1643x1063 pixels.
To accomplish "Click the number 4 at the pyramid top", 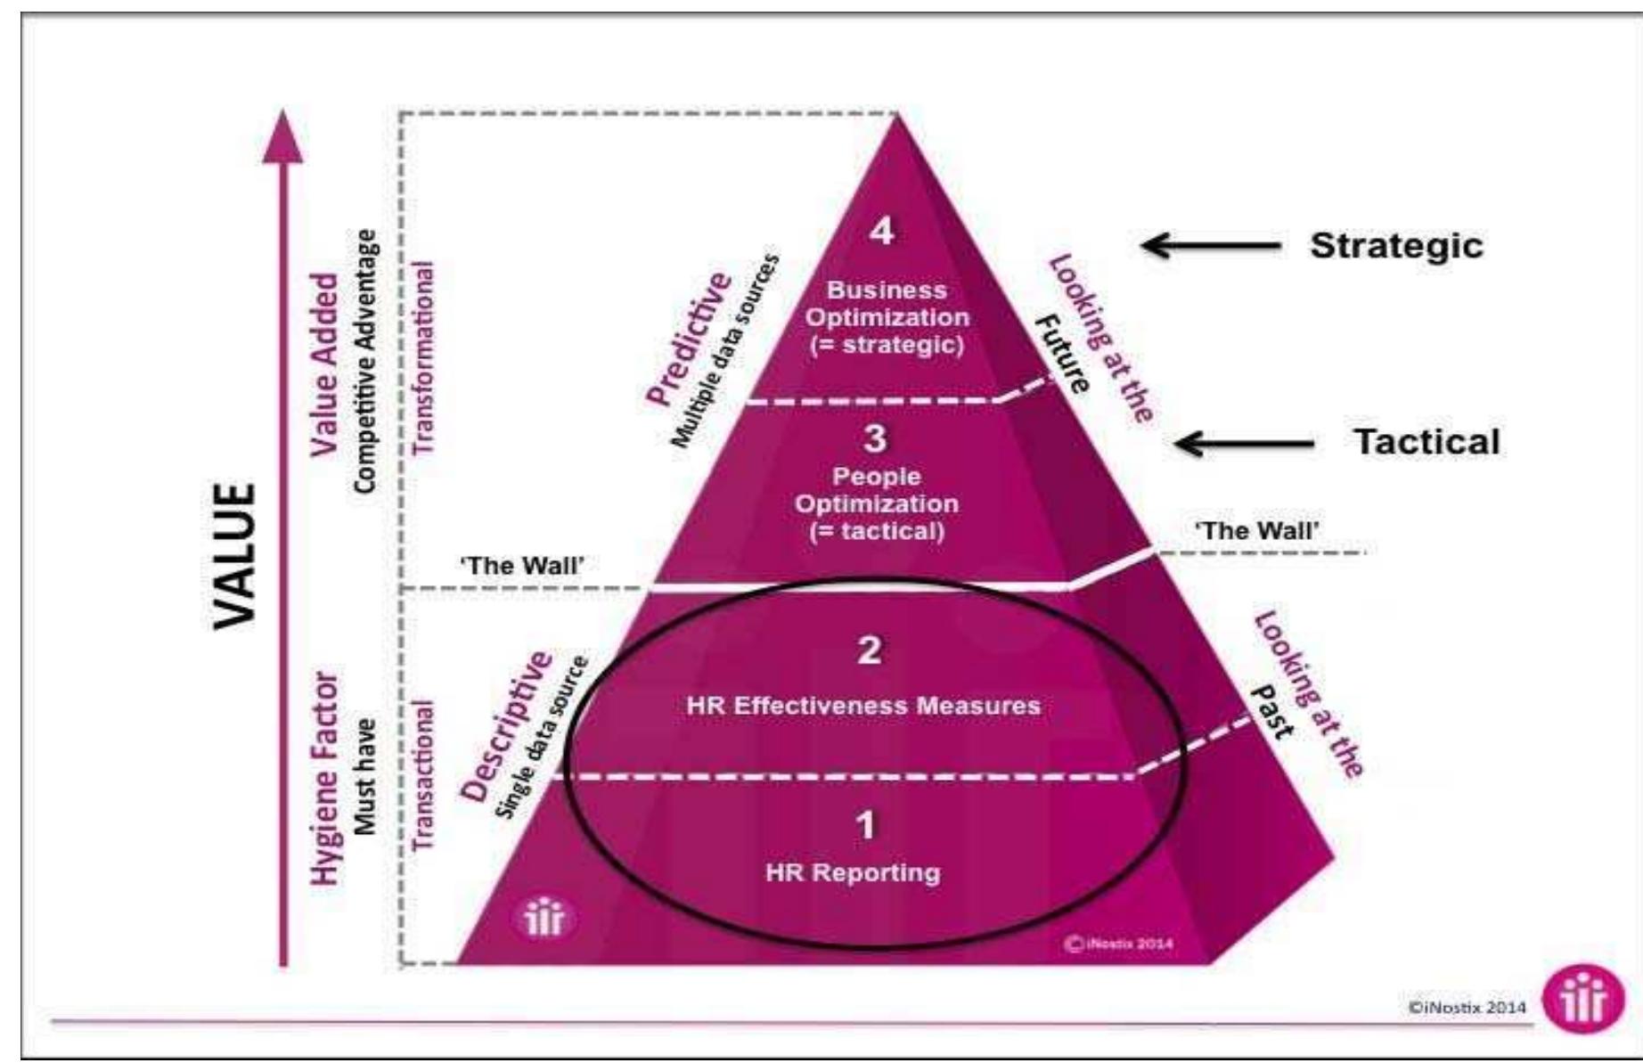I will pyautogui.click(x=881, y=233).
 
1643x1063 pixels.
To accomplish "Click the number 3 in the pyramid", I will pyautogui.click(x=875, y=438).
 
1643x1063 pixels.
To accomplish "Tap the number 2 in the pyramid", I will pyautogui.click(x=869, y=650).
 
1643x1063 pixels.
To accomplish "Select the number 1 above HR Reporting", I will pyautogui.click(x=865, y=826).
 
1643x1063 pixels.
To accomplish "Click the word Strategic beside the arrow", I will pyautogui.click(x=1396, y=245).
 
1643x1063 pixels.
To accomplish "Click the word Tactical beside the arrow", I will pyautogui.click(x=1426, y=442).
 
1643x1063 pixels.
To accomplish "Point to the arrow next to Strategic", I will pyautogui.click(x=1212, y=245).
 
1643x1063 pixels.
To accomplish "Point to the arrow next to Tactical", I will pyautogui.click(x=1245, y=443).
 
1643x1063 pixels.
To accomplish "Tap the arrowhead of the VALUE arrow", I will pyautogui.click(x=282, y=138).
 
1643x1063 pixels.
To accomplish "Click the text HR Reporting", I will pyautogui.click(x=853, y=872).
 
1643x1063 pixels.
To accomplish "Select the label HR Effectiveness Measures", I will pyautogui.click(x=863, y=706).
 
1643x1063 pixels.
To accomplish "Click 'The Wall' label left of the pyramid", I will pyautogui.click(x=521, y=566).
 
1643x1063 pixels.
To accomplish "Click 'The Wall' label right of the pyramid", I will pyautogui.click(x=1256, y=531).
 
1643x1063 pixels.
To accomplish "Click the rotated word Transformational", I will pyautogui.click(x=425, y=357).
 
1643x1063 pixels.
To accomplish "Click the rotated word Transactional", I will pyautogui.click(x=425, y=773).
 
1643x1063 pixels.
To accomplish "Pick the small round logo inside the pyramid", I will pyautogui.click(x=544, y=920).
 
